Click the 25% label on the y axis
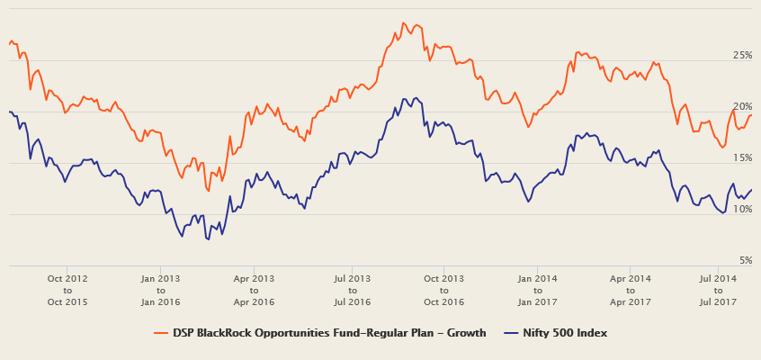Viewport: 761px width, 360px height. pyautogui.click(x=742, y=56)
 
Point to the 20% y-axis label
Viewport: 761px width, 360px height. pyautogui.click(x=742, y=107)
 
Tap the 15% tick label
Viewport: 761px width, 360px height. pyautogui.click(x=742, y=158)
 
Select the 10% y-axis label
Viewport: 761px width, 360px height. pyautogui.click(x=742, y=210)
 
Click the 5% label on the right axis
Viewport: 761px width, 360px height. pyautogui.click(x=745, y=261)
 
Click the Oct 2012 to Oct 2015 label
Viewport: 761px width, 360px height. pyautogui.click(x=67, y=290)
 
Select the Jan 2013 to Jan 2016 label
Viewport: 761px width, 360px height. pyautogui.click(x=161, y=290)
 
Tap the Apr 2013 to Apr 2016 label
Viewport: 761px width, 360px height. pyautogui.click(x=254, y=290)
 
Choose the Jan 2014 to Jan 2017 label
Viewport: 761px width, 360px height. pyautogui.click(x=537, y=290)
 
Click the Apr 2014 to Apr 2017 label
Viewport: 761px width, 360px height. pyautogui.click(x=630, y=290)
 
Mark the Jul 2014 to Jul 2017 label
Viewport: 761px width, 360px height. pyautogui.click(x=718, y=290)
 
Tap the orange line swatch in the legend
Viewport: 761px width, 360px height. pyautogui.click(x=162, y=333)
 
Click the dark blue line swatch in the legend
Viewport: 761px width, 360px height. pyautogui.click(x=511, y=333)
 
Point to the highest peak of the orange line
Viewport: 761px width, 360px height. pyautogui.click(x=403, y=23)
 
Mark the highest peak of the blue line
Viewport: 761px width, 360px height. pyautogui.click(x=405, y=98)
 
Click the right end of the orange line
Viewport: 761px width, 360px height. pyautogui.click(x=751, y=115)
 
